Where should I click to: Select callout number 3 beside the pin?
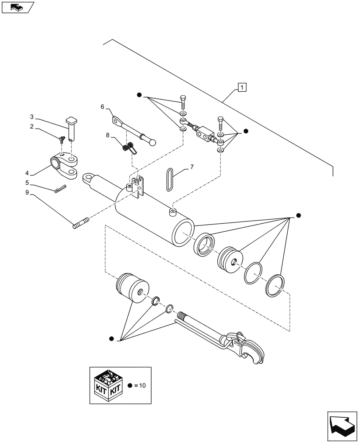pyautogui.click(x=31, y=117)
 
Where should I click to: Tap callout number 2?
pyautogui.click(x=31, y=126)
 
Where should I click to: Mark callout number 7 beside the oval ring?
pyautogui.click(x=192, y=167)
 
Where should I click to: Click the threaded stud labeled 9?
pyautogui.click(x=80, y=221)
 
